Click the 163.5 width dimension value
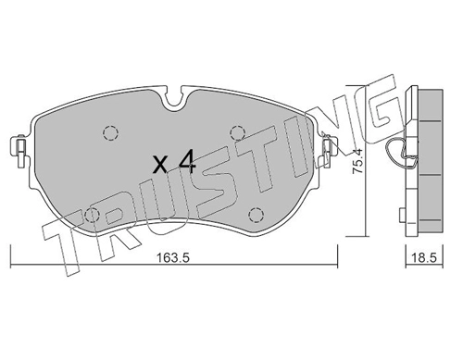172,257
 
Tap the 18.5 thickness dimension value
425,257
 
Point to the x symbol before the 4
161,164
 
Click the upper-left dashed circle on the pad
110,133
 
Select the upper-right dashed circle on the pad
238,133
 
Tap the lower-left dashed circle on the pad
92,215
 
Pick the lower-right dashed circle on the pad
256,215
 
